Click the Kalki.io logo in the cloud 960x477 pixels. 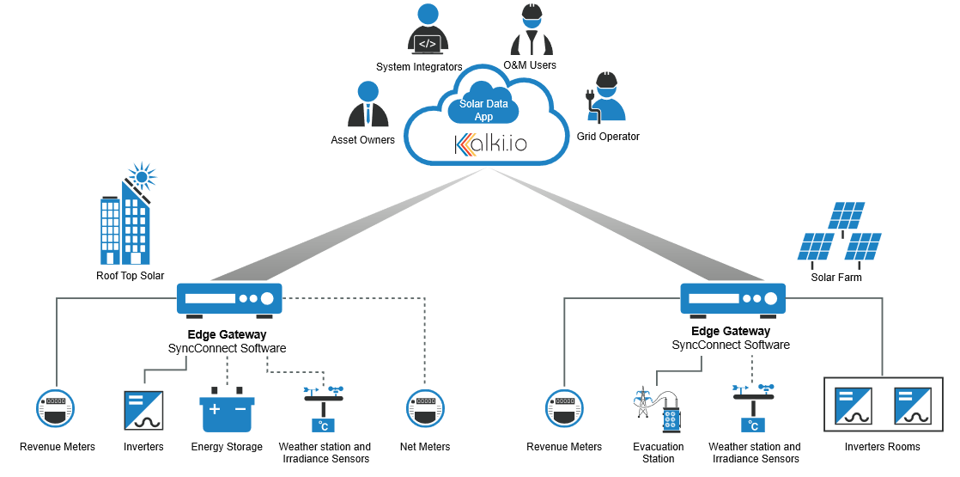490,144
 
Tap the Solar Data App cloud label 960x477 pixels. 483,110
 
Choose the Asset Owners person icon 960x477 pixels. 368,104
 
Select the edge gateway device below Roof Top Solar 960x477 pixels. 229,299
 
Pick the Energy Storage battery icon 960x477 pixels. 228,412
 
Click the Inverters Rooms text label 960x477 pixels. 882,447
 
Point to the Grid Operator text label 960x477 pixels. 608,137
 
